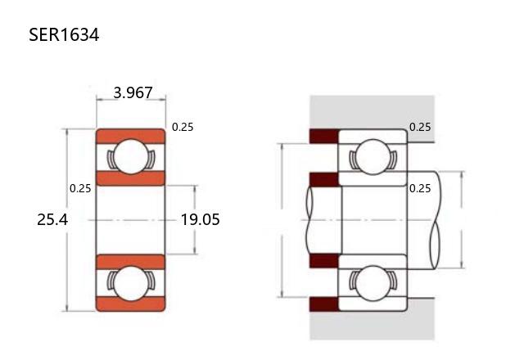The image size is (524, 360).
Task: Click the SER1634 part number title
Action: pos(64,34)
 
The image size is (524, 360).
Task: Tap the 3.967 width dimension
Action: pos(133,92)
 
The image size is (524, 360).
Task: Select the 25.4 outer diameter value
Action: pos(52,220)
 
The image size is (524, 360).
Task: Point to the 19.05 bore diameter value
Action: pos(200,220)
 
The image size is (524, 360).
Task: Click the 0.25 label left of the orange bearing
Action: pos(80,189)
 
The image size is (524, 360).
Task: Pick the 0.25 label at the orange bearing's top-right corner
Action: pos(183,128)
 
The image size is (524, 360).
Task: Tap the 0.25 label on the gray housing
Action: pos(420,128)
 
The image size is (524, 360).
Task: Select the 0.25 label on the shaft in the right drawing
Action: pos(420,189)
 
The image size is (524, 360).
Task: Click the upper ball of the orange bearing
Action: pos(131,156)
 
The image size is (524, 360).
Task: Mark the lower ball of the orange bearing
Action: pos(131,283)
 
